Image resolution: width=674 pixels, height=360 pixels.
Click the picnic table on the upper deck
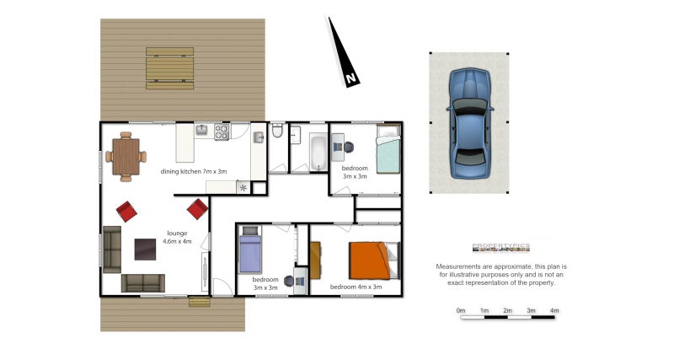tap(170, 67)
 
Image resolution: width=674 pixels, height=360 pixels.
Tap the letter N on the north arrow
tap(350, 80)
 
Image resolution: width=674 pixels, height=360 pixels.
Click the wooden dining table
tap(126, 155)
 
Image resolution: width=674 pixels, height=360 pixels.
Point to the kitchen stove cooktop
tap(222, 132)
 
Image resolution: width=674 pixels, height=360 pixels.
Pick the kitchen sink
tap(202, 130)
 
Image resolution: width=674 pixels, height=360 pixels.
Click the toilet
tap(276, 131)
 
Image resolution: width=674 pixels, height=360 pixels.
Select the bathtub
tap(317, 152)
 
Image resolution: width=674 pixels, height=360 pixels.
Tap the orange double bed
tap(369, 260)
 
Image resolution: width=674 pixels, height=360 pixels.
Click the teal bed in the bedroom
tap(387, 150)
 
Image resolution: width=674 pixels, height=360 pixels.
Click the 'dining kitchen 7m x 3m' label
tap(194, 171)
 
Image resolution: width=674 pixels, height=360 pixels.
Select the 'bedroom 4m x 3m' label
tap(356, 287)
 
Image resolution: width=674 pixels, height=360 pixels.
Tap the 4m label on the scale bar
tap(554, 311)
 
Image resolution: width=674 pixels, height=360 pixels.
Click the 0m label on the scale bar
tap(461, 311)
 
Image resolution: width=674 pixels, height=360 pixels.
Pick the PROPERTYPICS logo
tap(500, 247)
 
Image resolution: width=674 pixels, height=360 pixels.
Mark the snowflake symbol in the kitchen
tap(243, 187)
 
